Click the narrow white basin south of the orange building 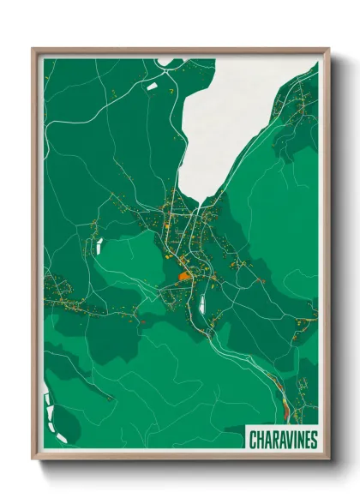pyautogui.click(x=203, y=300)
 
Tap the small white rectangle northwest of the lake pyautogui.click(x=153, y=86)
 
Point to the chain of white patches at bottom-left pyautogui.click(x=48, y=415)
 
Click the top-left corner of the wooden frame pyautogui.click(x=33, y=49)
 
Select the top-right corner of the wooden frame pyautogui.click(x=327, y=49)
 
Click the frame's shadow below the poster pyautogui.click(x=180, y=470)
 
